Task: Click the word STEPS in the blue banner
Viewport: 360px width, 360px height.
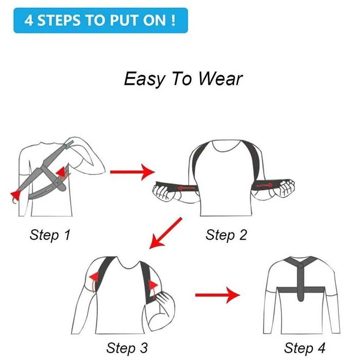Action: tap(59, 20)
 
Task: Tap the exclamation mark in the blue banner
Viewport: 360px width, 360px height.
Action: tap(173, 20)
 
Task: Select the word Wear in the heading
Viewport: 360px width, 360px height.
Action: tap(220, 79)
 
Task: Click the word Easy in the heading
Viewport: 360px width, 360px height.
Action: tap(145, 79)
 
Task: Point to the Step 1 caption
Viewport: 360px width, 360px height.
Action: tap(50, 235)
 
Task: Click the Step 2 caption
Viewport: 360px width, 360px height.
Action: tap(226, 235)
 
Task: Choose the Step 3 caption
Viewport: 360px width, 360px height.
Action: tap(127, 348)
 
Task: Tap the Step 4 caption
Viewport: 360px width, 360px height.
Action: tap(304, 348)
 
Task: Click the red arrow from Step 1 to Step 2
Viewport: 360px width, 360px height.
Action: tap(133, 172)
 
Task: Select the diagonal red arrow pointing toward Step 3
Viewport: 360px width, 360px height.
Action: tap(166, 233)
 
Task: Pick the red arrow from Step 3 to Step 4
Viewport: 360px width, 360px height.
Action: tap(218, 295)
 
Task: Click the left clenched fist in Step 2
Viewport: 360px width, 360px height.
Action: tap(163, 191)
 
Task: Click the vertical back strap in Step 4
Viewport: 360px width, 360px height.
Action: tap(300, 282)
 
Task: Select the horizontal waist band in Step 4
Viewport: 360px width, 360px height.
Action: tap(301, 290)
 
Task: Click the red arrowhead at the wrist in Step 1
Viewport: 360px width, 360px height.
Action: tap(15, 195)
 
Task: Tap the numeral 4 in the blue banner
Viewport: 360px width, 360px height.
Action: tap(29, 20)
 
